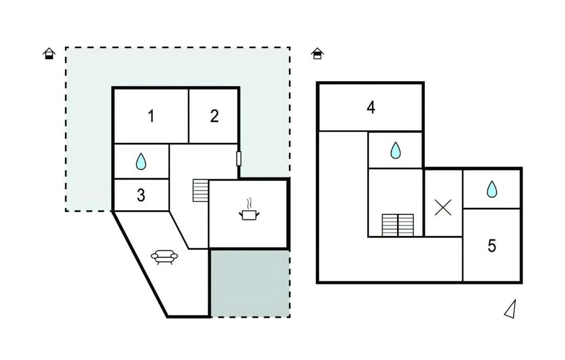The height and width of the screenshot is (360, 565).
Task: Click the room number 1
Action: (151, 116)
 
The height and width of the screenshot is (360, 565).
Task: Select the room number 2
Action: (214, 116)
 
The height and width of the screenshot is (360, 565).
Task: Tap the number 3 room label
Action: (141, 195)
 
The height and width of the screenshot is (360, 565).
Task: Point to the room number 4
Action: (371, 107)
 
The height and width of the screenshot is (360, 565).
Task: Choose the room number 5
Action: (492, 246)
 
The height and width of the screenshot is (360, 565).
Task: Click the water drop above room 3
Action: (141, 162)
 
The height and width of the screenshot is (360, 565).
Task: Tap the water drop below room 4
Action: (395, 150)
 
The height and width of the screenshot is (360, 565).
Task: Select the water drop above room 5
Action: (492, 189)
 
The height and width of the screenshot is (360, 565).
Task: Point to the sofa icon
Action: (164, 256)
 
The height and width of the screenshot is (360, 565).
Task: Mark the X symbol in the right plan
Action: (443, 208)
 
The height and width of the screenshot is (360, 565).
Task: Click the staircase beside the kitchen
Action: (201, 190)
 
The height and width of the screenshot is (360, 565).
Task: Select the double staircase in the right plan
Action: (398, 225)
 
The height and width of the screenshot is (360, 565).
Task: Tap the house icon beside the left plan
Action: (49, 54)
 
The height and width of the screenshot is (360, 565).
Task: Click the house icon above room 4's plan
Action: (317, 54)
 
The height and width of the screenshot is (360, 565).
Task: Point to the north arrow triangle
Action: (511, 310)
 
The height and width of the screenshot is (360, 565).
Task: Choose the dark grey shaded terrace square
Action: (250, 284)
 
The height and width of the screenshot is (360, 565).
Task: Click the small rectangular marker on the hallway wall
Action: (239, 159)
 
